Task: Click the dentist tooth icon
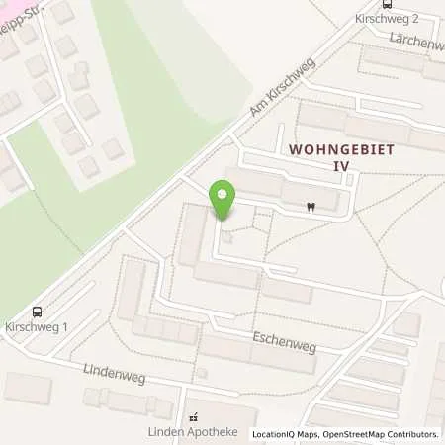tap(311, 206)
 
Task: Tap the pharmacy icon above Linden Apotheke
tap(194, 416)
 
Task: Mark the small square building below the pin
tap(229, 237)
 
